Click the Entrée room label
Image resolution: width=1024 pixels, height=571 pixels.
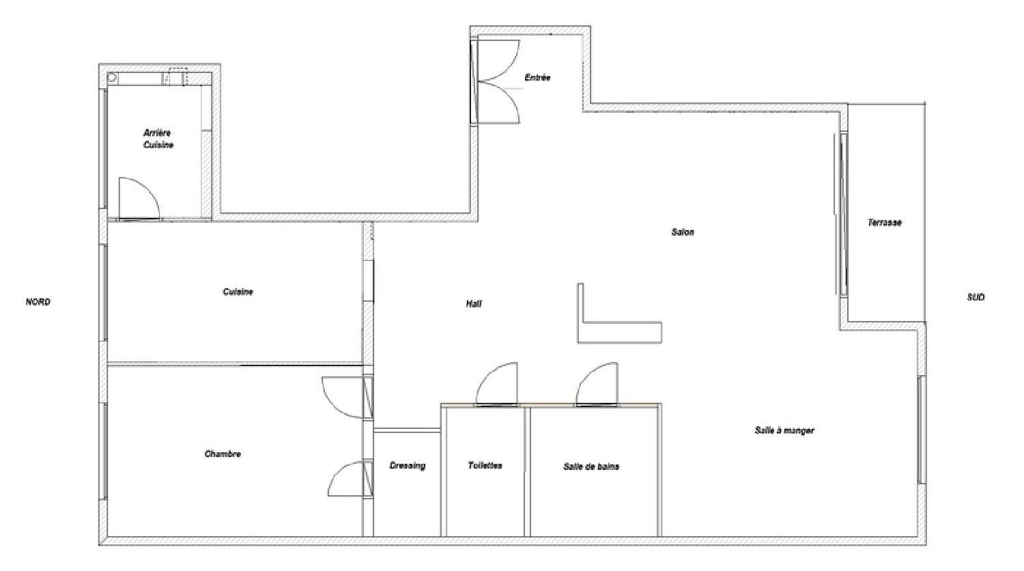pyautogui.click(x=537, y=77)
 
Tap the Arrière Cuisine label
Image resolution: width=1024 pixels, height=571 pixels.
pyautogui.click(x=158, y=139)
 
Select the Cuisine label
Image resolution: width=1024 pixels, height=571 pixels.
pyautogui.click(x=238, y=292)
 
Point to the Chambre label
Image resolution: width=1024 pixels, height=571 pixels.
pyautogui.click(x=223, y=454)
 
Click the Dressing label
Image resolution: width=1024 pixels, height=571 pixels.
pyautogui.click(x=408, y=465)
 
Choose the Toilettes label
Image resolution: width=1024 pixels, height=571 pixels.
pyautogui.click(x=485, y=465)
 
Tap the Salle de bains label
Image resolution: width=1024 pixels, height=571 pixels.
pyautogui.click(x=591, y=466)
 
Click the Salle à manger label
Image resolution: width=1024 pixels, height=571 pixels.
pyautogui.click(x=784, y=430)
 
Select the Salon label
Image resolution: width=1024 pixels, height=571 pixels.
pyautogui.click(x=683, y=232)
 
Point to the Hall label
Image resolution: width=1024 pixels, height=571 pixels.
pyautogui.click(x=474, y=303)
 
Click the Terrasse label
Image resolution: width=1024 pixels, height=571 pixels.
pyautogui.click(x=885, y=223)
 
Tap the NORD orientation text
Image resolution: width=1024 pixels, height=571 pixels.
pyautogui.click(x=38, y=302)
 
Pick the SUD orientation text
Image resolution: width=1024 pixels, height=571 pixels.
pyautogui.click(x=976, y=297)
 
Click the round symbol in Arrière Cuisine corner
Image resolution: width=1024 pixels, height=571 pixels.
pyautogui.click(x=113, y=79)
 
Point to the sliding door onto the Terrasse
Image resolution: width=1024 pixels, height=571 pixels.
pyautogui.click(x=843, y=214)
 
